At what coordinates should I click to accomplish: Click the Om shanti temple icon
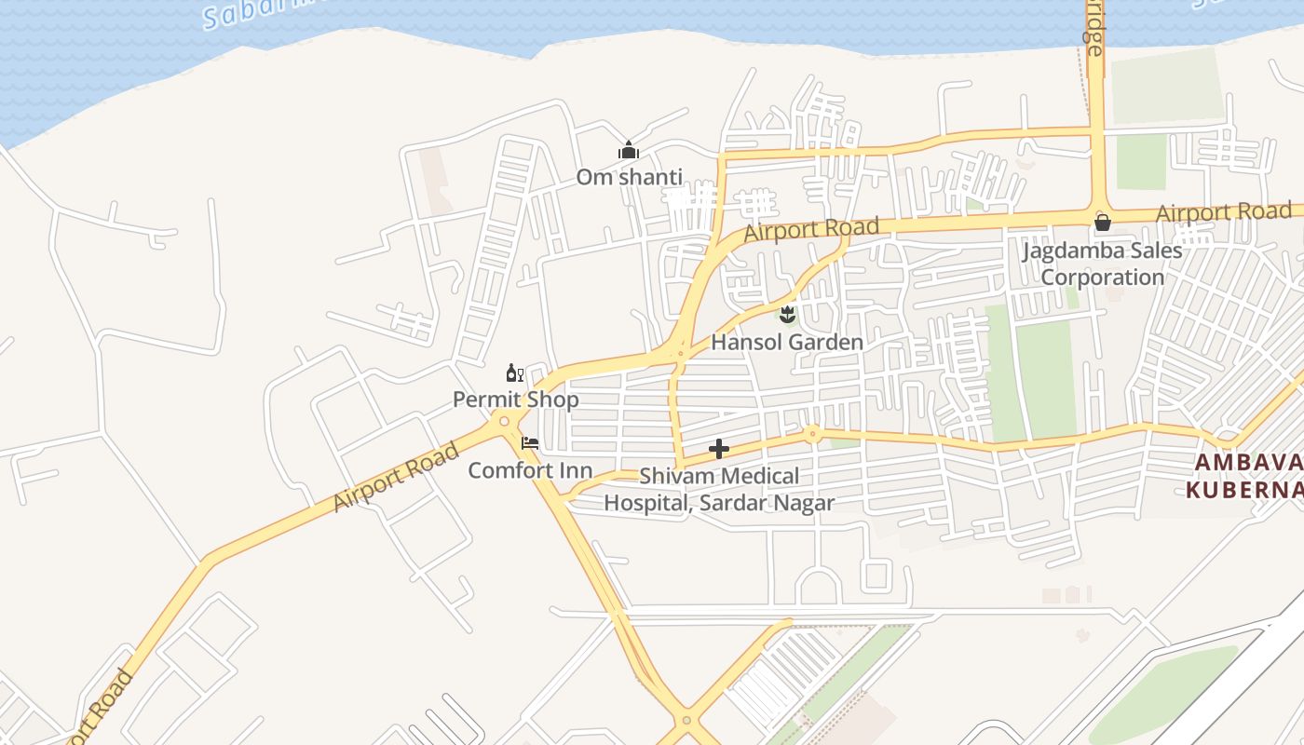629,151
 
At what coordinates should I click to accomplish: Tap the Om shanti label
629,177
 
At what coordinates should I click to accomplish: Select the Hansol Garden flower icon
788,314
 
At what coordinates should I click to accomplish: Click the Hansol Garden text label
787,342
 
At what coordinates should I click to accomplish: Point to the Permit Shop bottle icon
514,373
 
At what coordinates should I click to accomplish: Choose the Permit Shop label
515,400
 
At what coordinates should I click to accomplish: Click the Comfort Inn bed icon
530,443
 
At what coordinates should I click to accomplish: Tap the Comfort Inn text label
529,470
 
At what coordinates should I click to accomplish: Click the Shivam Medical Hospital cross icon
718,450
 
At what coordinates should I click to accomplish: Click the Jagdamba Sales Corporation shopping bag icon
1102,222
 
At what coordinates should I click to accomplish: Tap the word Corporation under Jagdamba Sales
1102,278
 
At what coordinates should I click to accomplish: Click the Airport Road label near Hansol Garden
811,229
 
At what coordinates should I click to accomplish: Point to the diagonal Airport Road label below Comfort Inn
396,477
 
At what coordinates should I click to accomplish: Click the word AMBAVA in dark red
1248,463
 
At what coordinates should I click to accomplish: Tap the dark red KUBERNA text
1243,489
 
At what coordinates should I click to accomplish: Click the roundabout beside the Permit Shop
504,422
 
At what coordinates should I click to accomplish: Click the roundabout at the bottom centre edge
686,720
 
